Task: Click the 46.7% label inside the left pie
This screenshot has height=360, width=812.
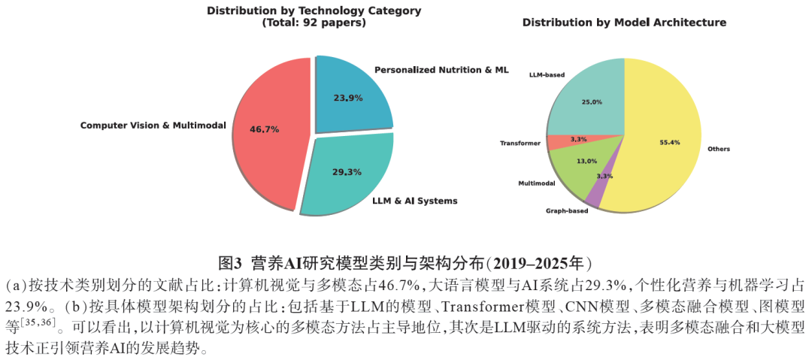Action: (x=265, y=129)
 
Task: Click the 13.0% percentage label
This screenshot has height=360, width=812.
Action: (x=586, y=161)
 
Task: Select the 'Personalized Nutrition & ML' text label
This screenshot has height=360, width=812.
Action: (x=441, y=70)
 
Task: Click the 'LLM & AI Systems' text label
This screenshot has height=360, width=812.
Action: (x=414, y=201)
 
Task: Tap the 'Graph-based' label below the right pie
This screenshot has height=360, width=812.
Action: (x=567, y=211)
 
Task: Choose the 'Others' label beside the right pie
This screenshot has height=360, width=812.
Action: (x=719, y=149)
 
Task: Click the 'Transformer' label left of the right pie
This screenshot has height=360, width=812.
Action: (x=520, y=142)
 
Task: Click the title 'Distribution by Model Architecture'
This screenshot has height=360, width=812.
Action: (x=624, y=23)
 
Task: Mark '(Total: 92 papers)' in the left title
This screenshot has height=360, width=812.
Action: (x=314, y=23)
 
